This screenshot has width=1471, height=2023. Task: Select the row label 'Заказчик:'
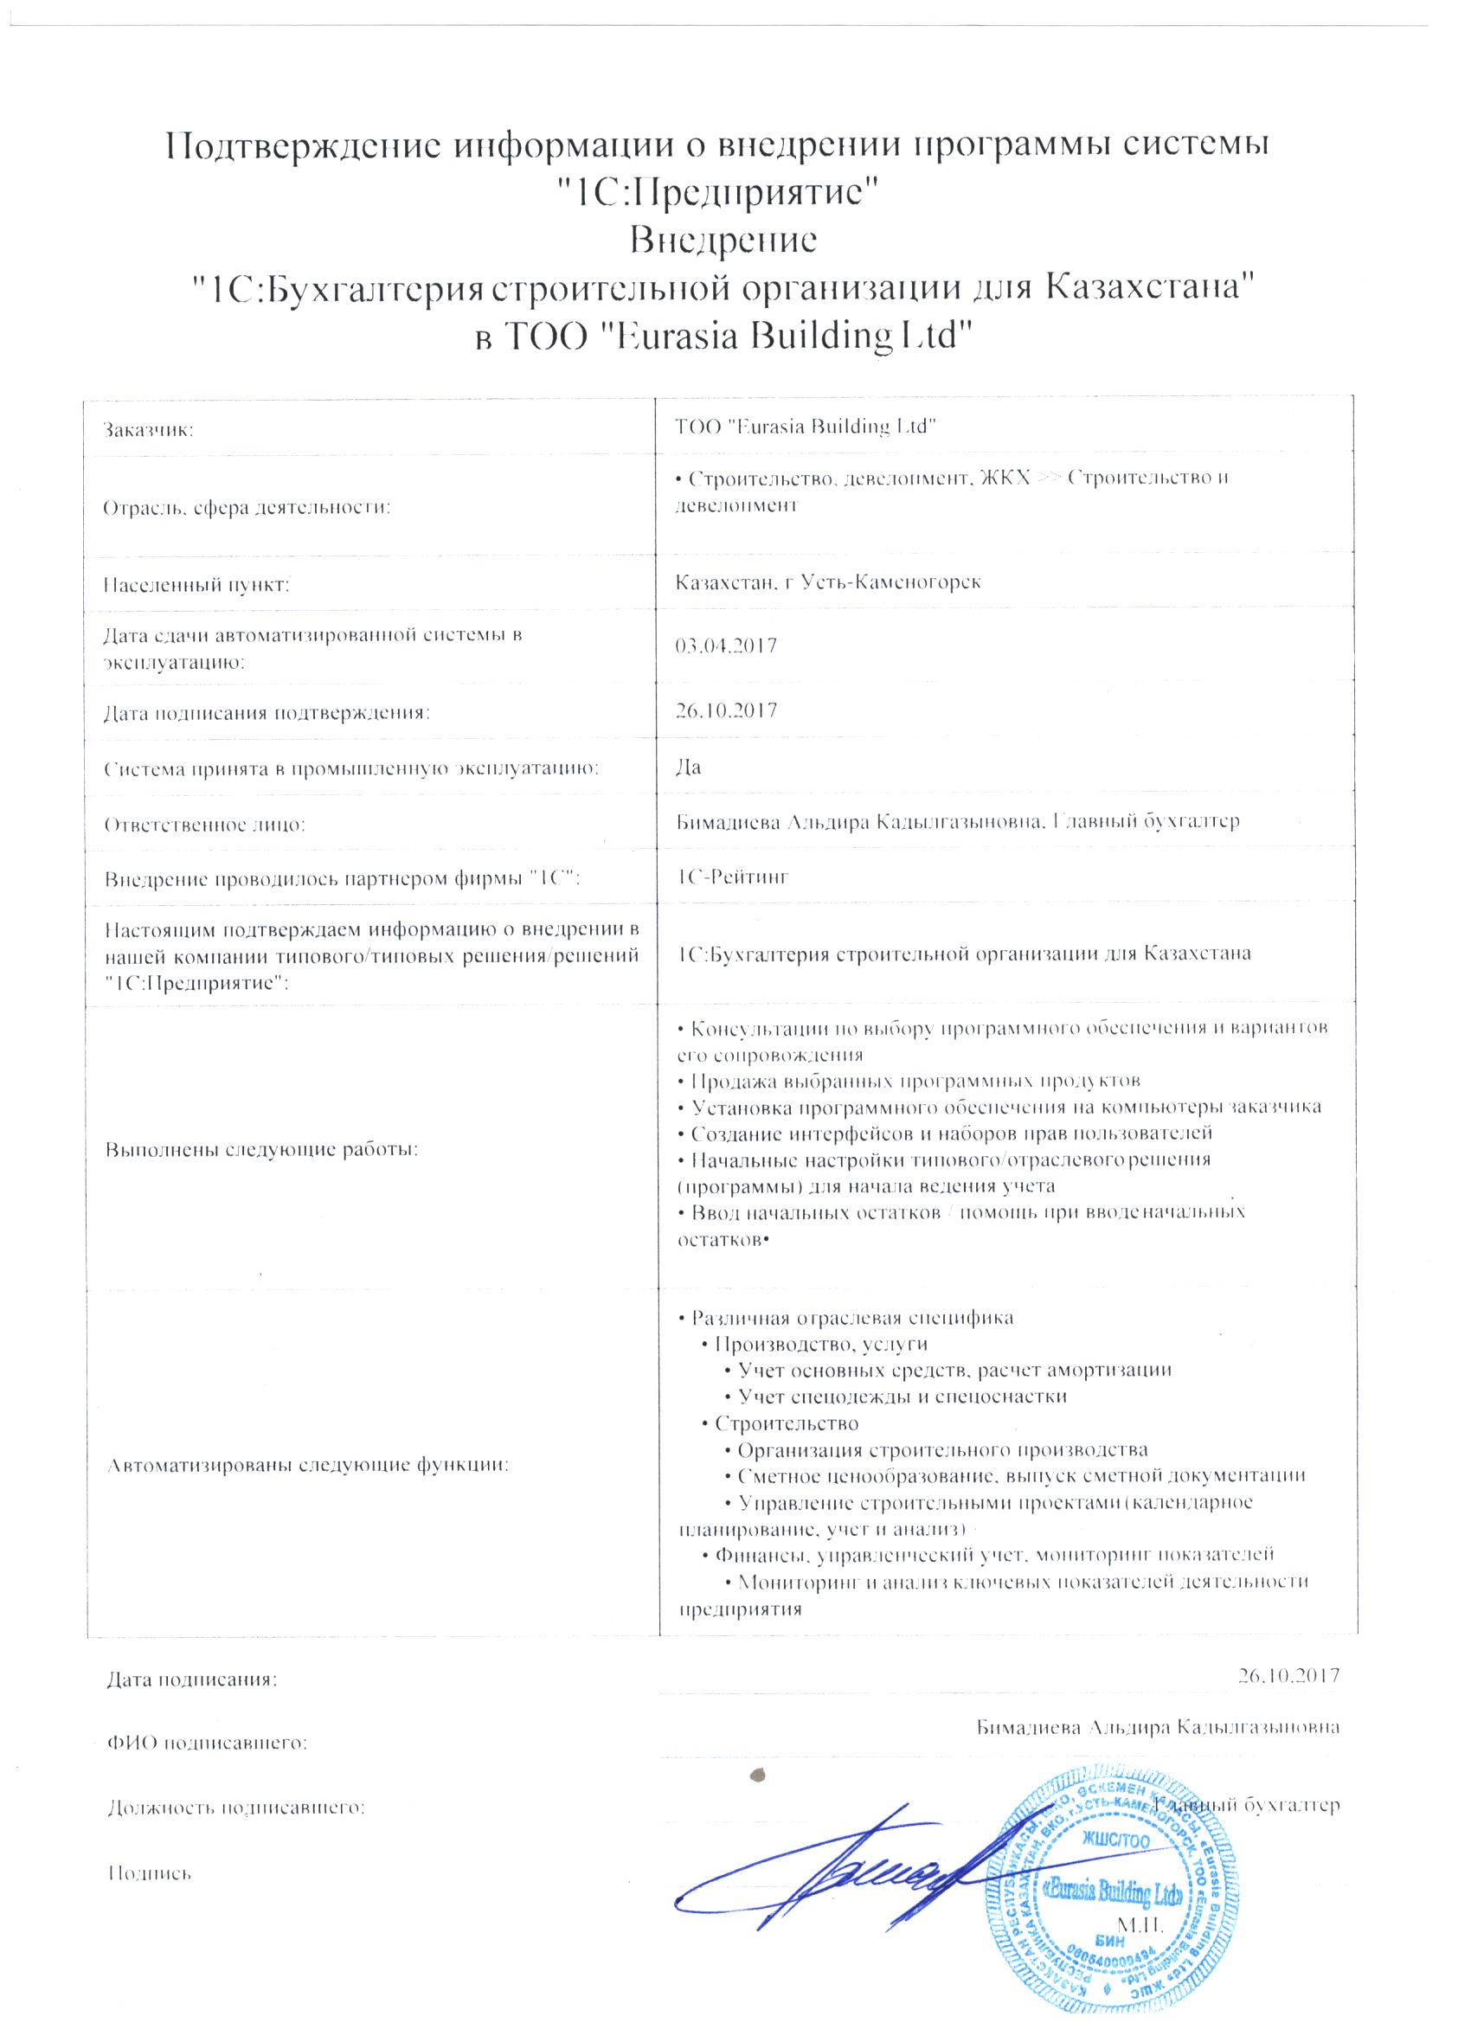(149, 431)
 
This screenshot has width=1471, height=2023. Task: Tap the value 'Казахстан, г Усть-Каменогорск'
(829, 582)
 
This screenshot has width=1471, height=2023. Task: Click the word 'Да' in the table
(690, 767)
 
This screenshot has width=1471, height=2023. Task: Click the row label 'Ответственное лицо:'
(205, 825)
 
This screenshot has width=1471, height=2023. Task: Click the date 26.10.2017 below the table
(1288, 1674)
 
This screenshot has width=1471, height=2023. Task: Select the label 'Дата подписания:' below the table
(192, 1680)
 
